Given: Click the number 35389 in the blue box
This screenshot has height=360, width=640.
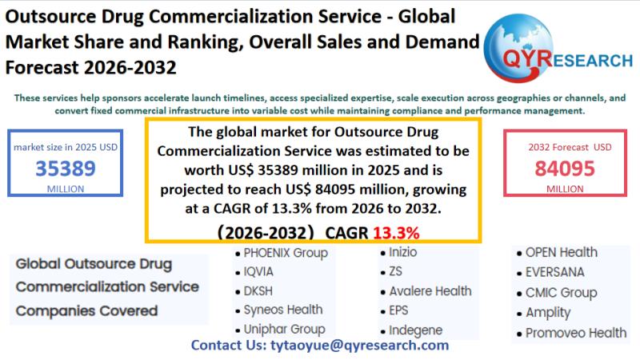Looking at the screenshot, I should [66, 169].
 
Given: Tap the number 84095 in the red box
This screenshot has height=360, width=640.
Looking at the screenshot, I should [565, 169].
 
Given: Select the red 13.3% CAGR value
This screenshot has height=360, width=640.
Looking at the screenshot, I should [397, 233].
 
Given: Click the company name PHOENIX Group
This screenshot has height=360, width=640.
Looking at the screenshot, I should [286, 253].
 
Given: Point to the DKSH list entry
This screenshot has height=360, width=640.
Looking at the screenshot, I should [258, 290].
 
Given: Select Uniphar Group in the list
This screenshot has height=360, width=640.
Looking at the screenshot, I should [284, 329].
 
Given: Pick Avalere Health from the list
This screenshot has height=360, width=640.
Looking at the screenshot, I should [430, 290].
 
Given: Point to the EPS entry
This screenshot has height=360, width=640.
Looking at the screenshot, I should [398, 310].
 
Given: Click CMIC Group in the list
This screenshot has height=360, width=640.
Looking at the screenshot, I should [562, 292].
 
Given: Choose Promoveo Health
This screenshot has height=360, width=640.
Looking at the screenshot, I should [576, 332].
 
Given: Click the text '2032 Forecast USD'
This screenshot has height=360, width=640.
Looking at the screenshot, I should [570, 146].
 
